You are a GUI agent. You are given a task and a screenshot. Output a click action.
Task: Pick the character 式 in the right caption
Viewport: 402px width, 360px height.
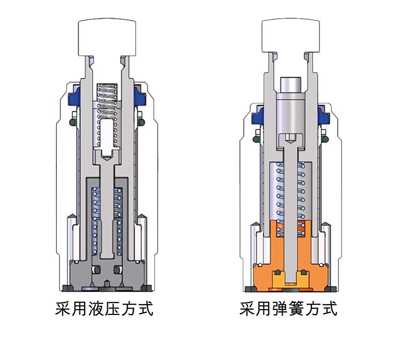[329, 308]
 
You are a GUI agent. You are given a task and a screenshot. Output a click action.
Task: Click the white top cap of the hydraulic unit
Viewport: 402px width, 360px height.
[107, 38]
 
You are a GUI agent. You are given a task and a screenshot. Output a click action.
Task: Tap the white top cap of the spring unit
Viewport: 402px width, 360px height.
[291, 36]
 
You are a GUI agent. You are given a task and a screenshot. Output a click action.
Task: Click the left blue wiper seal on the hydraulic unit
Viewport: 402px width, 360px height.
[74, 97]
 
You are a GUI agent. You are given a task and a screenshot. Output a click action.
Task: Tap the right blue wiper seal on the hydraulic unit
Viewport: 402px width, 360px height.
[140, 97]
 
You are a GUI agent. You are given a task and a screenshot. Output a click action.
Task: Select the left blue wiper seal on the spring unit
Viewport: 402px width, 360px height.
[258, 116]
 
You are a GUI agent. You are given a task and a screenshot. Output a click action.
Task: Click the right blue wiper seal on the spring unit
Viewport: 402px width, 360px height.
[324, 116]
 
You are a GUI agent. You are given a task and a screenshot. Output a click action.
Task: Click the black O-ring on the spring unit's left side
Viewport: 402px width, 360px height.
[256, 139]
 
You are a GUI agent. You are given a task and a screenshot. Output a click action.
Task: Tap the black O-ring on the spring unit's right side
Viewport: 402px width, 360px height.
[325, 139]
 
